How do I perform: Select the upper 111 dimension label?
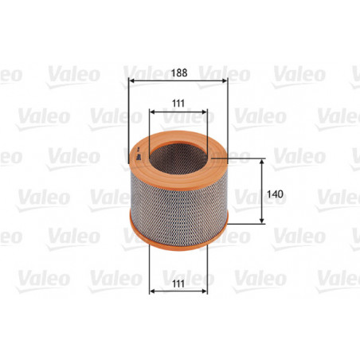tap(179, 103)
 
